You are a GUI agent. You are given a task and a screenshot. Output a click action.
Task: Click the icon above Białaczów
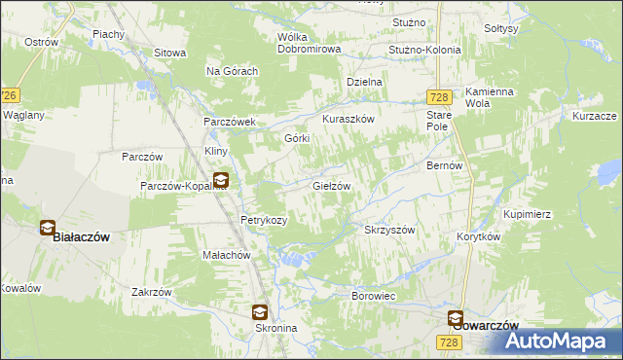tap(48, 228)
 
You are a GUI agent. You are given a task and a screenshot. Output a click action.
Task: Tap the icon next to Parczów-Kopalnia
tap(221, 180)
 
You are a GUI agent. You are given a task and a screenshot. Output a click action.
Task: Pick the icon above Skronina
tap(260, 312)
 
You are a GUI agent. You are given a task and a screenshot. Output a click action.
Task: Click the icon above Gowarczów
tap(456, 317)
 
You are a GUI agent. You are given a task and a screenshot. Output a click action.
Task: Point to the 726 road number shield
tap(9, 95)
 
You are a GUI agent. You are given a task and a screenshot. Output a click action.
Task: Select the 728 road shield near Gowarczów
tap(448, 342)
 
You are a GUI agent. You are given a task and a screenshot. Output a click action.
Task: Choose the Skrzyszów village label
tap(389, 230)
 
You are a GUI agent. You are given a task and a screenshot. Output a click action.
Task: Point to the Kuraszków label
tap(348, 119)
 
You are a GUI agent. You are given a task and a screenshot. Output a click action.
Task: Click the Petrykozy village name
tap(264, 220)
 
